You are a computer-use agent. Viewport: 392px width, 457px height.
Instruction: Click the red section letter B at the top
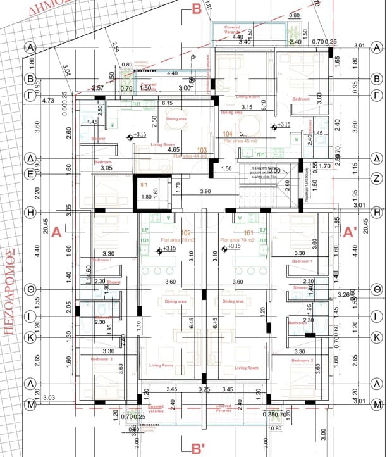click(197, 9)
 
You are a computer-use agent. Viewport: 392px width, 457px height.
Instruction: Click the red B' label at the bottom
click(197, 449)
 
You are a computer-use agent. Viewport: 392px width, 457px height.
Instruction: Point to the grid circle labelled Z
click(377, 178)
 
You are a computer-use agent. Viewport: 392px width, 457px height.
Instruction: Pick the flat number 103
click(202, 150)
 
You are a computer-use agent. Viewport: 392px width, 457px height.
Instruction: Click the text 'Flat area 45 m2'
click(241, 141)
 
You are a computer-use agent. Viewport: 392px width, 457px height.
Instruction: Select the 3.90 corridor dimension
click(205, 191)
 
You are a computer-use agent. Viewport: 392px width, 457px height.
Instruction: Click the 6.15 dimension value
click(168, 103)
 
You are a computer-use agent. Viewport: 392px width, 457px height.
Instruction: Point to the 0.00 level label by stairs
click(274, 171)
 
